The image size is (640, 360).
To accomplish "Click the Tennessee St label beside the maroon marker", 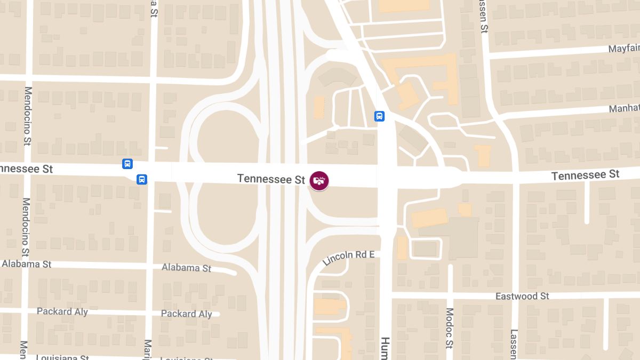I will click(x=271, y=179).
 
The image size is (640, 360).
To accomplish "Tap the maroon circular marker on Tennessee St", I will click(x=319, y=180).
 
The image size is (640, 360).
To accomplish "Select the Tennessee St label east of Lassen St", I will click(x=585, y=175).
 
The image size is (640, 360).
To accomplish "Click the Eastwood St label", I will click(x=522, y=296).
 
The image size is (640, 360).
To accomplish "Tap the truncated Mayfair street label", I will click(x=623, y=49).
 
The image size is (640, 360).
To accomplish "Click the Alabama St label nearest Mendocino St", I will click(x=26, y=264).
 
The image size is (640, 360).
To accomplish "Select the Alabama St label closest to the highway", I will click(x=186, y=267).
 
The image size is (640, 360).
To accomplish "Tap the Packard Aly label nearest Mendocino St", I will click(x=62, y=311).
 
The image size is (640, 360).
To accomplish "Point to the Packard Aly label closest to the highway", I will click(x=186, y=314).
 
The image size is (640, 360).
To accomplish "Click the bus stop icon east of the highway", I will click(x=379, y=116).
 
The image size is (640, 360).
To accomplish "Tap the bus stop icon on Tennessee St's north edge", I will click(x=127, y=164).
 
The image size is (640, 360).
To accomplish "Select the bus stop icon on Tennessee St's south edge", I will click(x=142, y=179).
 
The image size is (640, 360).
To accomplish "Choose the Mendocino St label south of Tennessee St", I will click(x=25, y=227).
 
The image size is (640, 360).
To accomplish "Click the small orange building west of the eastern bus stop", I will click(x=319, y=107).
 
